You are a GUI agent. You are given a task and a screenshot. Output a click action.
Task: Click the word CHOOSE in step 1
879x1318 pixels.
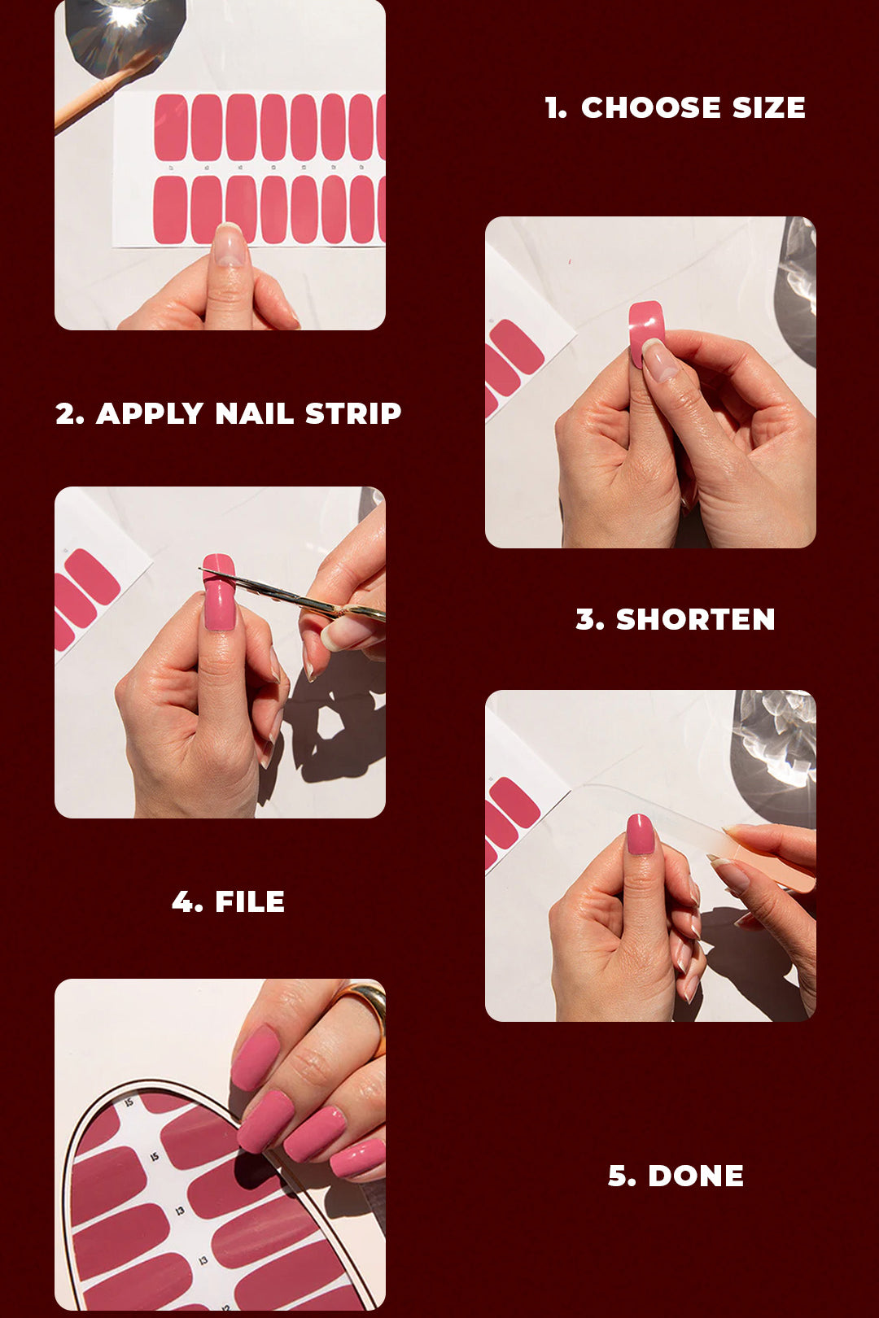[x=650, y=107]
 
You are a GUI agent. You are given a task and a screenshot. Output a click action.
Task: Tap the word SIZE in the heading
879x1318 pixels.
[x=768, y=107]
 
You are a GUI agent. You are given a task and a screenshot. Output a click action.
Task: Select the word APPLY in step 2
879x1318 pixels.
[x=150, y=413]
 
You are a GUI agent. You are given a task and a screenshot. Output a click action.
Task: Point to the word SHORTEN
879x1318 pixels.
[x=695, y=620]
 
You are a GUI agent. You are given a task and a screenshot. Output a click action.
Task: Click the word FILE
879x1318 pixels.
[x=250, y=902]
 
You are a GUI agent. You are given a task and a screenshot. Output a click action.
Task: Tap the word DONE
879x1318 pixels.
[x=696, y=1176]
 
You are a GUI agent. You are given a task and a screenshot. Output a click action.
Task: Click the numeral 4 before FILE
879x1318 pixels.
[x=184, y=902]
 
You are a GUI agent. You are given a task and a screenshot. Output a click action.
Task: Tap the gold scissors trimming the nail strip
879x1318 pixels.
[x=295, y=596]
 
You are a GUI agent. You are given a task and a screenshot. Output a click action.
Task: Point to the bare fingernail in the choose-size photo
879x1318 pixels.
[x=230, y=246]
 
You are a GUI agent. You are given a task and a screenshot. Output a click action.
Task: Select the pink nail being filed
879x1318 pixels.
[x=641, y=834]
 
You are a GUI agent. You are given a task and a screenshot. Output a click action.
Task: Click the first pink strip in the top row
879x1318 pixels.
[x=172, y=127]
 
